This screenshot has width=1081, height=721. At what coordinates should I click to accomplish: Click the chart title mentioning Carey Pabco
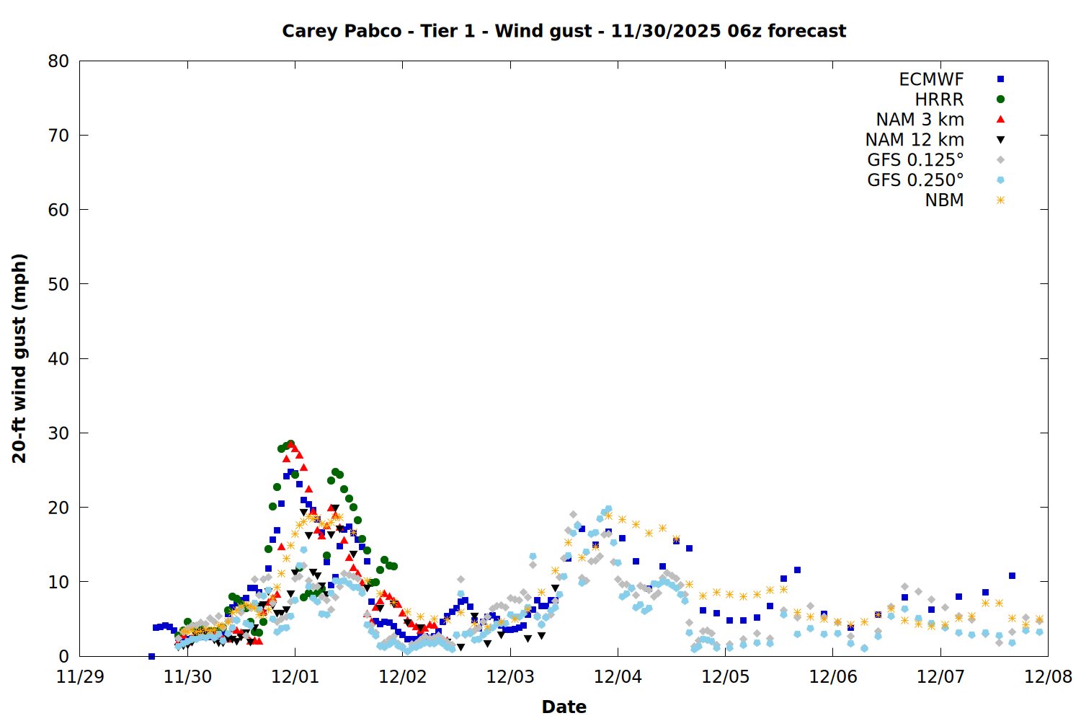pyautogui.click(x=564, y=31)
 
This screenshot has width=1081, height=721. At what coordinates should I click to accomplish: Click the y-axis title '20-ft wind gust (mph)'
pyautogui.click(x=19, y=358)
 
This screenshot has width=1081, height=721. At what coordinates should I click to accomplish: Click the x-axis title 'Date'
pyautogui.click(x=564, y=707)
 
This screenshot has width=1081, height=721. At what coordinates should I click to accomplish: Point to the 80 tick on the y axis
pyautogui.click(x=58, y=61)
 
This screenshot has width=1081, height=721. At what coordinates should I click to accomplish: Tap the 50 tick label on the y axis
pyautogui.click(x=58, y=284)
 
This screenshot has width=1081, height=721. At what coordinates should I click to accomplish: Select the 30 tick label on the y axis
pyautogui.click(x=58, y=433)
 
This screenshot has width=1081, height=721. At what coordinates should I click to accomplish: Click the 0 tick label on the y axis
pyautogui.click(x=64, y=656)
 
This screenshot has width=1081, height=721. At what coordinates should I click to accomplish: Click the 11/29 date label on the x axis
pyautogui.click(x=79, y=677)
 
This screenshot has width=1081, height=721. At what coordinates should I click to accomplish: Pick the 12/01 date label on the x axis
pyautogui.click(x=295, y=677)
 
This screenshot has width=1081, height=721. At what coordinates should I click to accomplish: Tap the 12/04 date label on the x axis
pyautogui.click(x=618, y=677)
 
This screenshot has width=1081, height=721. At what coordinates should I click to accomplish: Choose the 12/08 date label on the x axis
pyautogui.click(x=1048, y=677)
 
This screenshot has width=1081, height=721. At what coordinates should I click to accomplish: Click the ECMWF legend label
pyautogui.click(x=931, y=79)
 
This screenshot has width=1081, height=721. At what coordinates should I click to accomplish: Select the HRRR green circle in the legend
pyautogui.click(x=1000, y=99)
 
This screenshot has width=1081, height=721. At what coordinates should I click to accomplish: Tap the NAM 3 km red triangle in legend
pyautogui.click(x=1000, y=119)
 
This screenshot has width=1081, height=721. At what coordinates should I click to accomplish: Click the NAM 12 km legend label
pyautogui.click(x=915, y=140)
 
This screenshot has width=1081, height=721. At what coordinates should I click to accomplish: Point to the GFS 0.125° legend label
pyautogui.click(x=915, y=160)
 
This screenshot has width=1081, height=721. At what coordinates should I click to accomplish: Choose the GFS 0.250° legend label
pyautogui.click(x=915, y=180)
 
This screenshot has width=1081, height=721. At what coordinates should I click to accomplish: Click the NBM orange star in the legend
pyautogui.click(x=1000, y=200)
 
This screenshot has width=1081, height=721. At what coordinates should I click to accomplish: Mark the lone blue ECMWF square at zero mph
pyautogui.click(x=151, y=656)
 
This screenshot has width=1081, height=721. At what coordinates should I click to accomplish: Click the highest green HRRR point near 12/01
pyautogui.click(x=290, y=444)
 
